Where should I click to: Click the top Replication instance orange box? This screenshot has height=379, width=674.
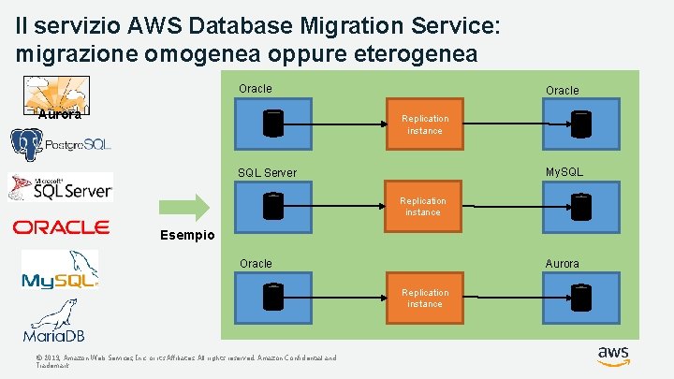pos(425,124)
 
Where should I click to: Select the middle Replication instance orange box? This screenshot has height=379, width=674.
pos(423,207)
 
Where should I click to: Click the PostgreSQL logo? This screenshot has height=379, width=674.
pos(60,145)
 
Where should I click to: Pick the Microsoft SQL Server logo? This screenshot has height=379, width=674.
pos(61,187)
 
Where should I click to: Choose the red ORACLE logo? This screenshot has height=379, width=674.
pos(61,227)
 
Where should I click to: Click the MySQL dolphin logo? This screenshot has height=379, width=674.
pos(60,270)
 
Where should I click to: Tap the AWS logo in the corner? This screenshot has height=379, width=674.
pos(613,356)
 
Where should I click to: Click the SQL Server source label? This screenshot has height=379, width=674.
pos(267,172)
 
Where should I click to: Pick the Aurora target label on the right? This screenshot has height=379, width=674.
pos(562,264)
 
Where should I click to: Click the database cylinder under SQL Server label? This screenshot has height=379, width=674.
pos(272,207)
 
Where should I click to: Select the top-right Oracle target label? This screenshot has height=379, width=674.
pos(562,91)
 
